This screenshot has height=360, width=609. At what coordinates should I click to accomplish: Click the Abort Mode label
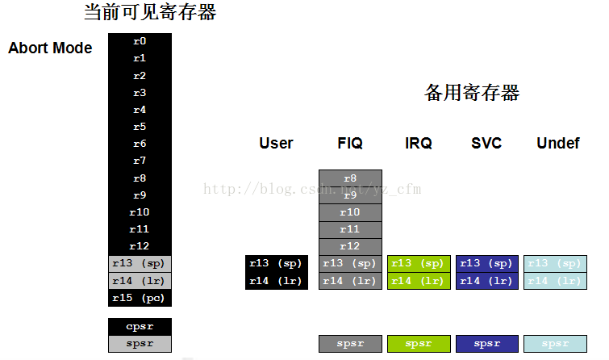click(50, 48)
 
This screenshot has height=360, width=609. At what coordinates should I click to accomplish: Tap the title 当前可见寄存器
click(150, 13)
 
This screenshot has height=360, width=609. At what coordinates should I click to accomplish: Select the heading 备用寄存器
click(472, 93)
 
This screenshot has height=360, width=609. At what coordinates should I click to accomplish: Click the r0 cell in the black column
click(140, 41)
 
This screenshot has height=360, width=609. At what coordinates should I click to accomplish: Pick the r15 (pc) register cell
click(140, 298)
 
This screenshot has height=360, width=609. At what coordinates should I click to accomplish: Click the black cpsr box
click(140, 327)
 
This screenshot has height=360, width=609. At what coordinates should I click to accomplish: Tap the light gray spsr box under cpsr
click(140, 344)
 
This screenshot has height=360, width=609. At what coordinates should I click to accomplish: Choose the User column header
click(276, 143)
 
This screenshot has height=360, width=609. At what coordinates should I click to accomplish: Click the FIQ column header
click(350, 143)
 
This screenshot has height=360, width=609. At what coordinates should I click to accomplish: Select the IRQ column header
click(418, 143)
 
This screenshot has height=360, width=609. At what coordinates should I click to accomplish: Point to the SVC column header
click(486, 143)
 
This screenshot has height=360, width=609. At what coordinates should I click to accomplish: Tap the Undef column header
click(557, 143)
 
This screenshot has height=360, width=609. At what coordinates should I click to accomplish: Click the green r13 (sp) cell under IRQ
click(418, 264)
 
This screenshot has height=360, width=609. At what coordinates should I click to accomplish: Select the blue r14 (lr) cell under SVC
click(486, 281)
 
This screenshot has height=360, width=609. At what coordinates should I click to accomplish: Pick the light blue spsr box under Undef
click(555, 344)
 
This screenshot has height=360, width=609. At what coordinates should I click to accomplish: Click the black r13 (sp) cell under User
click(276, 264)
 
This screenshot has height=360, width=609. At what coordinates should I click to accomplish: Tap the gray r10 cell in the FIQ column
click(350, 212)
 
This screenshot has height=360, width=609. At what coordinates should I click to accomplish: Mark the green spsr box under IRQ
click(418, 344)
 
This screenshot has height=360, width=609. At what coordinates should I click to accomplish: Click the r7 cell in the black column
click(140, 161)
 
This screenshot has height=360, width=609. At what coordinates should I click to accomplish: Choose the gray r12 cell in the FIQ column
click(350, 246)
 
